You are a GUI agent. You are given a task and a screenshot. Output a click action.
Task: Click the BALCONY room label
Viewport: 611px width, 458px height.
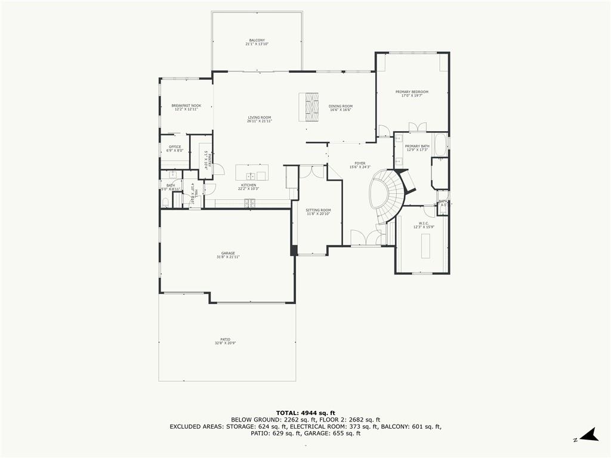(x=257, y=40)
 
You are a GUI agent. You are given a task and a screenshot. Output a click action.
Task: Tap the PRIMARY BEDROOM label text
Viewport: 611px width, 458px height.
(x=412, y=92)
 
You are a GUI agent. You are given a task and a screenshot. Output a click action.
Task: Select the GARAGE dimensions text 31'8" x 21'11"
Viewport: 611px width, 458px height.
(x=228, y=257)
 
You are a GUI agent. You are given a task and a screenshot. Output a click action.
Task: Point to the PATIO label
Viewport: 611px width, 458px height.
(x=225, y=339)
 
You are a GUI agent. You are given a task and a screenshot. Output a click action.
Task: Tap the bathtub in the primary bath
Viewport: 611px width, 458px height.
(x=440, y=145)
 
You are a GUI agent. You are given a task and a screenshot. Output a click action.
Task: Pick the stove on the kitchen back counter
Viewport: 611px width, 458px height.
(x=249, y=203)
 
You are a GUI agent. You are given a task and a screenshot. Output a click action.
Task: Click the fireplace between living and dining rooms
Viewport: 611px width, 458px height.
(x=309, y=107)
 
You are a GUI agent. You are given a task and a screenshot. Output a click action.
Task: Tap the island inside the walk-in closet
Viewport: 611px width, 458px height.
(x=425, y=246)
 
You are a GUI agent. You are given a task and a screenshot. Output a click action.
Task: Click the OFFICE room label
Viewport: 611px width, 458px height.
(x=175, y=147)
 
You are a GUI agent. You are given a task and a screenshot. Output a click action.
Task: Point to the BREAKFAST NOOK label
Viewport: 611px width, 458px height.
(x=186, y=106)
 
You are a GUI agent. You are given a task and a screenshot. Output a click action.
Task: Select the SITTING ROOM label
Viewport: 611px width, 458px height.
(x=318, y=210)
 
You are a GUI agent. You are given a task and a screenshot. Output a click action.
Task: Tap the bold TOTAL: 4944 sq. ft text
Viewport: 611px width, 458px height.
(x=305, y=413)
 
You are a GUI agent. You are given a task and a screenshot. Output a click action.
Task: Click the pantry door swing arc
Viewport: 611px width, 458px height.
(x=218, y=169)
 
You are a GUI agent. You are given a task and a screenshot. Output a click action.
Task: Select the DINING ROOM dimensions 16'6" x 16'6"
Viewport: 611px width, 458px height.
(x=340, y=110)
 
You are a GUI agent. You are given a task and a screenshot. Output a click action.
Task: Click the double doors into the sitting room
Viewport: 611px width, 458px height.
(x=311, y=172)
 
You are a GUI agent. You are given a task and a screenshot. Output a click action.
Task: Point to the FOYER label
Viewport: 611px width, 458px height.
(x=360, y=163)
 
